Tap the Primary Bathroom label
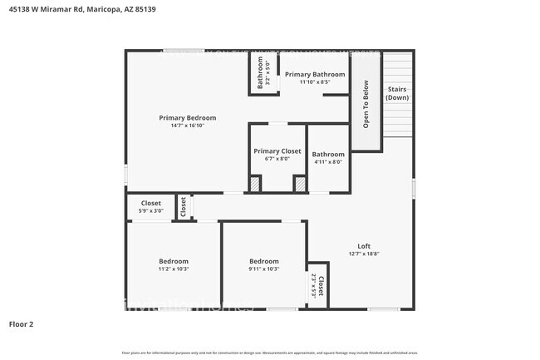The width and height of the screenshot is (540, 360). coord(314,74)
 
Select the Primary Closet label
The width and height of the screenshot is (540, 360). coord(277,151)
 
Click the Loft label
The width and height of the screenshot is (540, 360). coord(364,246)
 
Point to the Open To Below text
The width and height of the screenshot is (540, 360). coord(365,104)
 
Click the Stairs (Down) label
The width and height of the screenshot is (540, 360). coord(397,93)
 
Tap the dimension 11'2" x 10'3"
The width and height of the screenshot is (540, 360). coord(174,269)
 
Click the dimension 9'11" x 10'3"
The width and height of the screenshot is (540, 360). coord(264,269)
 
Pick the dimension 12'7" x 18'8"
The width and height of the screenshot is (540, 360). coord(364,254)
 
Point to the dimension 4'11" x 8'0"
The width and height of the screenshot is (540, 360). coord(327,162)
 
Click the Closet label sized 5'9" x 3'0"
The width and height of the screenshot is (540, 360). coord(150,203)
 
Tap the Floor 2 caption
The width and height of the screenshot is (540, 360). coord(21,323)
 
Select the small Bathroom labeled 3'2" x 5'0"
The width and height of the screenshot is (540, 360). coord(260,72)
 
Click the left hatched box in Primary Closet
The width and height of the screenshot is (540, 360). coord(256,184)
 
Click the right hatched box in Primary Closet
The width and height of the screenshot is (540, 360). coord(299,184)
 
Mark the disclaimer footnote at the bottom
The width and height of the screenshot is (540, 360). coord(269,353)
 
